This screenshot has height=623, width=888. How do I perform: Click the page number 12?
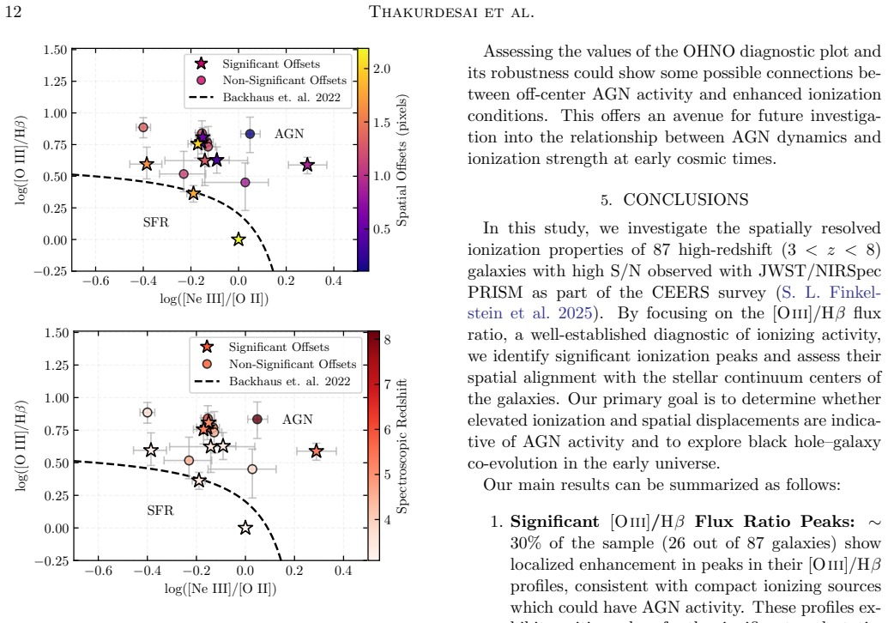click(13, 11)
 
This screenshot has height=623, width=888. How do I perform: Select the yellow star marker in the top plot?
click(239, 239)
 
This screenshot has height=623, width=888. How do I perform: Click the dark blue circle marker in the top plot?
click(251, 134)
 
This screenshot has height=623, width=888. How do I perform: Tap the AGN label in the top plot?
click(289, 134)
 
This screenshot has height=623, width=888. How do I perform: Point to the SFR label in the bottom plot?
click(160, 511)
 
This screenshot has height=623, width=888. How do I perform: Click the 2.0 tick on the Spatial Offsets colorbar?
click(383, 69)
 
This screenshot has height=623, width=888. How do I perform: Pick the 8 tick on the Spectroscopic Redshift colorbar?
click(387, 340)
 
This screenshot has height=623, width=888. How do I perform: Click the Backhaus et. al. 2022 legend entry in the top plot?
click(281, 98)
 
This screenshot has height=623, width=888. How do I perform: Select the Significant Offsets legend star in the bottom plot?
click(208, 347)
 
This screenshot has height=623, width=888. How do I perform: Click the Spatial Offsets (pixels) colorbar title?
click(402, 160)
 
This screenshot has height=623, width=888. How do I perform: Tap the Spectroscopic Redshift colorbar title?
click(402, 446)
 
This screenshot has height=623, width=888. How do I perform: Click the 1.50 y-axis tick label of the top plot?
click(55, 50)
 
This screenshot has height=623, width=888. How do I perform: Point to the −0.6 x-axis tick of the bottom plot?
click(98, 571)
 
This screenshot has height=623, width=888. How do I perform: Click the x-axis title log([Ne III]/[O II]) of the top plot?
click(214, 299)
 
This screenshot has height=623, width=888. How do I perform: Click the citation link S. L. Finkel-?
click(831, 293)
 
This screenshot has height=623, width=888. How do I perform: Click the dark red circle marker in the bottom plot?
click(257, 419)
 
